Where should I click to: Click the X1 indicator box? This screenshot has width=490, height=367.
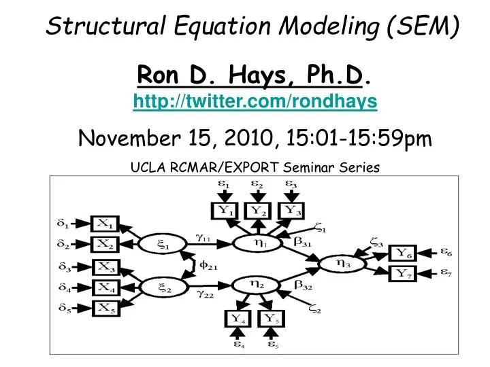105,224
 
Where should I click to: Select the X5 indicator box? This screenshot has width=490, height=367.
106,309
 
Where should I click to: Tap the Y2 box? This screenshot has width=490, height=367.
258,211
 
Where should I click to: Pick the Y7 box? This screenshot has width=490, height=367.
402,273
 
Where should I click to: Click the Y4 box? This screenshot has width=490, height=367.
238,319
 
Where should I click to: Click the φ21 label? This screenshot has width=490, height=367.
208,266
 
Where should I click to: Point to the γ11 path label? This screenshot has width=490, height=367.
203,237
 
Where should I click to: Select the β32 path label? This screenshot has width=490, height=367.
303,285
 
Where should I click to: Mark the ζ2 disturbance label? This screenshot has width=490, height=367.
315,309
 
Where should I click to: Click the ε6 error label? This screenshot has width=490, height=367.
446,251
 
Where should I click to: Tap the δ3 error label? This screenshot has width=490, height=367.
65,267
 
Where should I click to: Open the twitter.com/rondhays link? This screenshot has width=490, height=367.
255,101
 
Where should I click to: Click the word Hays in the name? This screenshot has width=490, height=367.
257,75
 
